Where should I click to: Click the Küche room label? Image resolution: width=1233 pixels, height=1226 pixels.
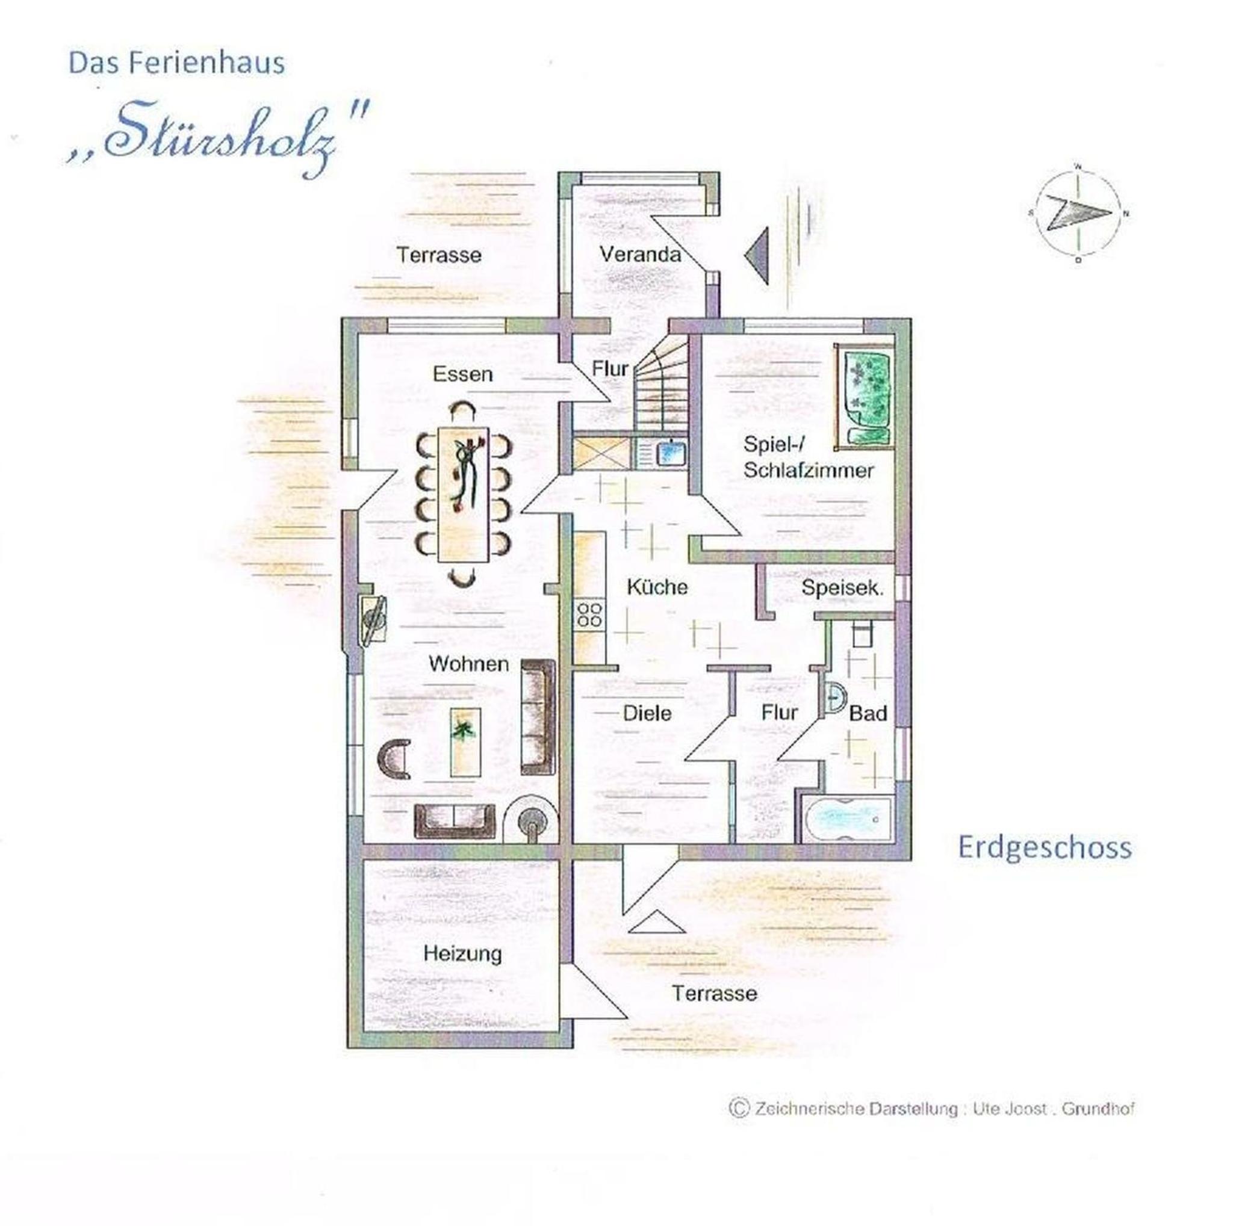click(x=657, y=587)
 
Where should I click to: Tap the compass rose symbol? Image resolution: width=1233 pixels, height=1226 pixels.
click(x=1078, y=213)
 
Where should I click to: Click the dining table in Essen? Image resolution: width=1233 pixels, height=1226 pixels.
click(x=464, y=494)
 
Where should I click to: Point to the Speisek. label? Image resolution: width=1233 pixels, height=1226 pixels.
click(x=842, y=587)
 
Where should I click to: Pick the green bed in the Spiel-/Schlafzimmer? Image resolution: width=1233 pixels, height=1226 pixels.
click(x=863, y=397)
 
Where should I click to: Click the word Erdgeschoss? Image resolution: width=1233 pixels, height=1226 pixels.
click(x=1045, y=848)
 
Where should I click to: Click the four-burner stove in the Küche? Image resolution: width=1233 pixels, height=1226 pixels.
click(x=589, y=614)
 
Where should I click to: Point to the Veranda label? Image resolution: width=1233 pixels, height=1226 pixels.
click(x=640, y=255)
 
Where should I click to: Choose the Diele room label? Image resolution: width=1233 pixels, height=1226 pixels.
click(x=647, y=713)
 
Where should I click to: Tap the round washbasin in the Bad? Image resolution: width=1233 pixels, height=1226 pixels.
click(x=837, y=699)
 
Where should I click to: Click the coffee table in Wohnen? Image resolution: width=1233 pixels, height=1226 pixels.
click(x=465, y=741)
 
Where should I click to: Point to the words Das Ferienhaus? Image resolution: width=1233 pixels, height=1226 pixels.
click(x=177, y=63)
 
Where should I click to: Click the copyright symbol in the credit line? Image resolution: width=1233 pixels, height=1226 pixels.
click(x=738, y=1107)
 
